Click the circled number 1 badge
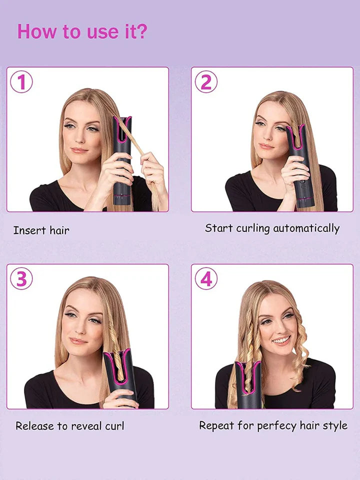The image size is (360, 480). pos(21,81)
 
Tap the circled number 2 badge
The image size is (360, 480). pos(206,81)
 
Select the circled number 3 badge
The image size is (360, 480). pos(21,278)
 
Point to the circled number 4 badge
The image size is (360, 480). pos(206,278)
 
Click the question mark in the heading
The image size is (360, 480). pos(141,31)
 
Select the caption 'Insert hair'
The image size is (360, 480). pos(41,230)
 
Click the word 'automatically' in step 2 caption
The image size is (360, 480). pos(306,228)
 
